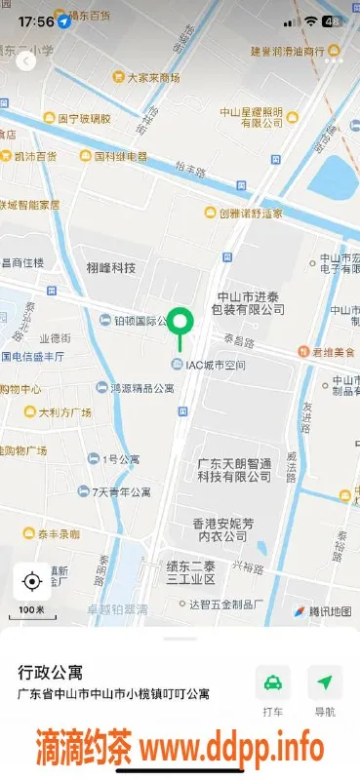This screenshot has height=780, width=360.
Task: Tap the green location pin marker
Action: pyautogui.click(x=180, y=321)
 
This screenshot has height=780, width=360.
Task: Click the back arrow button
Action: pyautogui.click(x=26, y=60)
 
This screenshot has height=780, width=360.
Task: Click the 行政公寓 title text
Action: pyautogui.click(x=51, y=673)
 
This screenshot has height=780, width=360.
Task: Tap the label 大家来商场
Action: pyautogui.click(x=146, y=78)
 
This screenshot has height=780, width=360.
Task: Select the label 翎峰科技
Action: pyautogui.click(x=110, y=268)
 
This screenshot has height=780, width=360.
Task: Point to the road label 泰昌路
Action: pyautogui.click(x=240, y=341)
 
